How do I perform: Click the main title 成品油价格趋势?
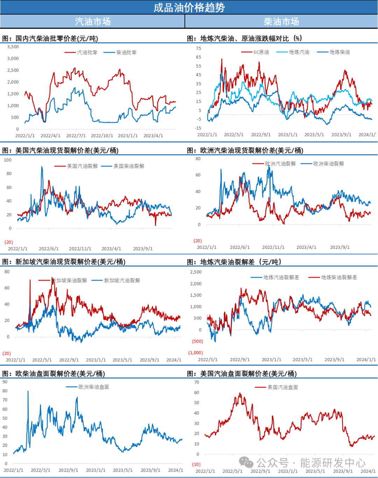coord(189,7)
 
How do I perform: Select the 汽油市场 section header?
coord(93,22)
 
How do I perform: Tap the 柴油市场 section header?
coord(281,22)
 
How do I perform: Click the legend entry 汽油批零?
coord(87,52)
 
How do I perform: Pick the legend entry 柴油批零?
coord(126,52)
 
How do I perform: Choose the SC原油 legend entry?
coord(261,52)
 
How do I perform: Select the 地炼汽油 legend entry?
coord(299,52)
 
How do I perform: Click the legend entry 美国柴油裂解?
coord(128,166)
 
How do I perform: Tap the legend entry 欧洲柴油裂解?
coord(328,164)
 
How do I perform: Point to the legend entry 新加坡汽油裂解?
coord(122,281)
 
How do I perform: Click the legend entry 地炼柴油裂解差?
coord(339,277)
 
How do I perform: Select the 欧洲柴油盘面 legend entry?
coord(94,387)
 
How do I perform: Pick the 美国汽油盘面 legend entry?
coord(282,387)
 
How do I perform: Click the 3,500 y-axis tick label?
coord(13,47)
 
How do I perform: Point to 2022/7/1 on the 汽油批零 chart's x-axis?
coord(76,136)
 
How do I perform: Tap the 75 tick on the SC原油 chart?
coord(198,49)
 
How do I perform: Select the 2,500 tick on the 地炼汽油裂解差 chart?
coord(196,272)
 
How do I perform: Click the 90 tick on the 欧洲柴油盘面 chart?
coord(5,382)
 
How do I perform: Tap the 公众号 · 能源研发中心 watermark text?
coord(311,463)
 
